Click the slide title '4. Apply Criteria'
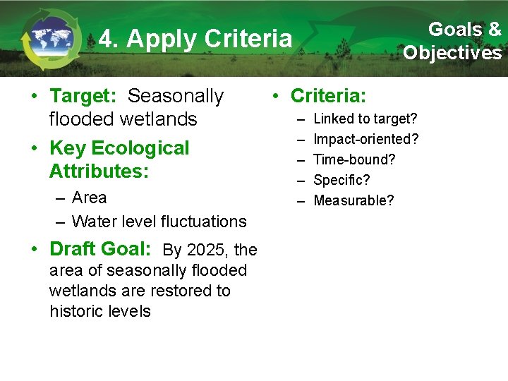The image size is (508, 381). pyautogui.click(x=195, y=39)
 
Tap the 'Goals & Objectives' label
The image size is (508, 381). pyautogui.click(x=452, y=41)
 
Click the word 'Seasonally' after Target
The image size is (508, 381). pyautogui.click(x=176, y=96)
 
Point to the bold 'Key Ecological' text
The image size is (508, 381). pyautogui.click(x=119, y=148)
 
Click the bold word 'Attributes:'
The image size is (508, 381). pyautogui.click(x=99, y=171)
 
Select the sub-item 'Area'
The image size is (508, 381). pyautogui.click(x=89, y=198)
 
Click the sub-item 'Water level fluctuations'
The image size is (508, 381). pyautogui.click(x=159, y=222)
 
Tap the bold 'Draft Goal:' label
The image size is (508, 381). pyautogui.click(x=100, y=249)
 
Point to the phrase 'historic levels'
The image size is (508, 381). pyautogui.click(x=100, y=311)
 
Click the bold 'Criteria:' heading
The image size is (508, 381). pyautogui.click(x=328, y=96)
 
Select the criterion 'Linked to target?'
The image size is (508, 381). pyautogui.click(x=365, y=119)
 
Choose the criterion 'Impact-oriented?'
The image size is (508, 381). pyautogui.click(x=365, y=139)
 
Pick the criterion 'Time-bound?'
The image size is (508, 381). pyautogui.click(x=354, y=159)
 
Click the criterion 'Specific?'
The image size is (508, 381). pyautogui.click(x=341, y=180)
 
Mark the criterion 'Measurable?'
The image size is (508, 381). pyautogui.click(x=353, y=200)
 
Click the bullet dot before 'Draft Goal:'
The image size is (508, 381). pyautogui.click(x=35, y=249)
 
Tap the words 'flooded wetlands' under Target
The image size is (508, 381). pyautogui.click(x=123, y=119)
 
